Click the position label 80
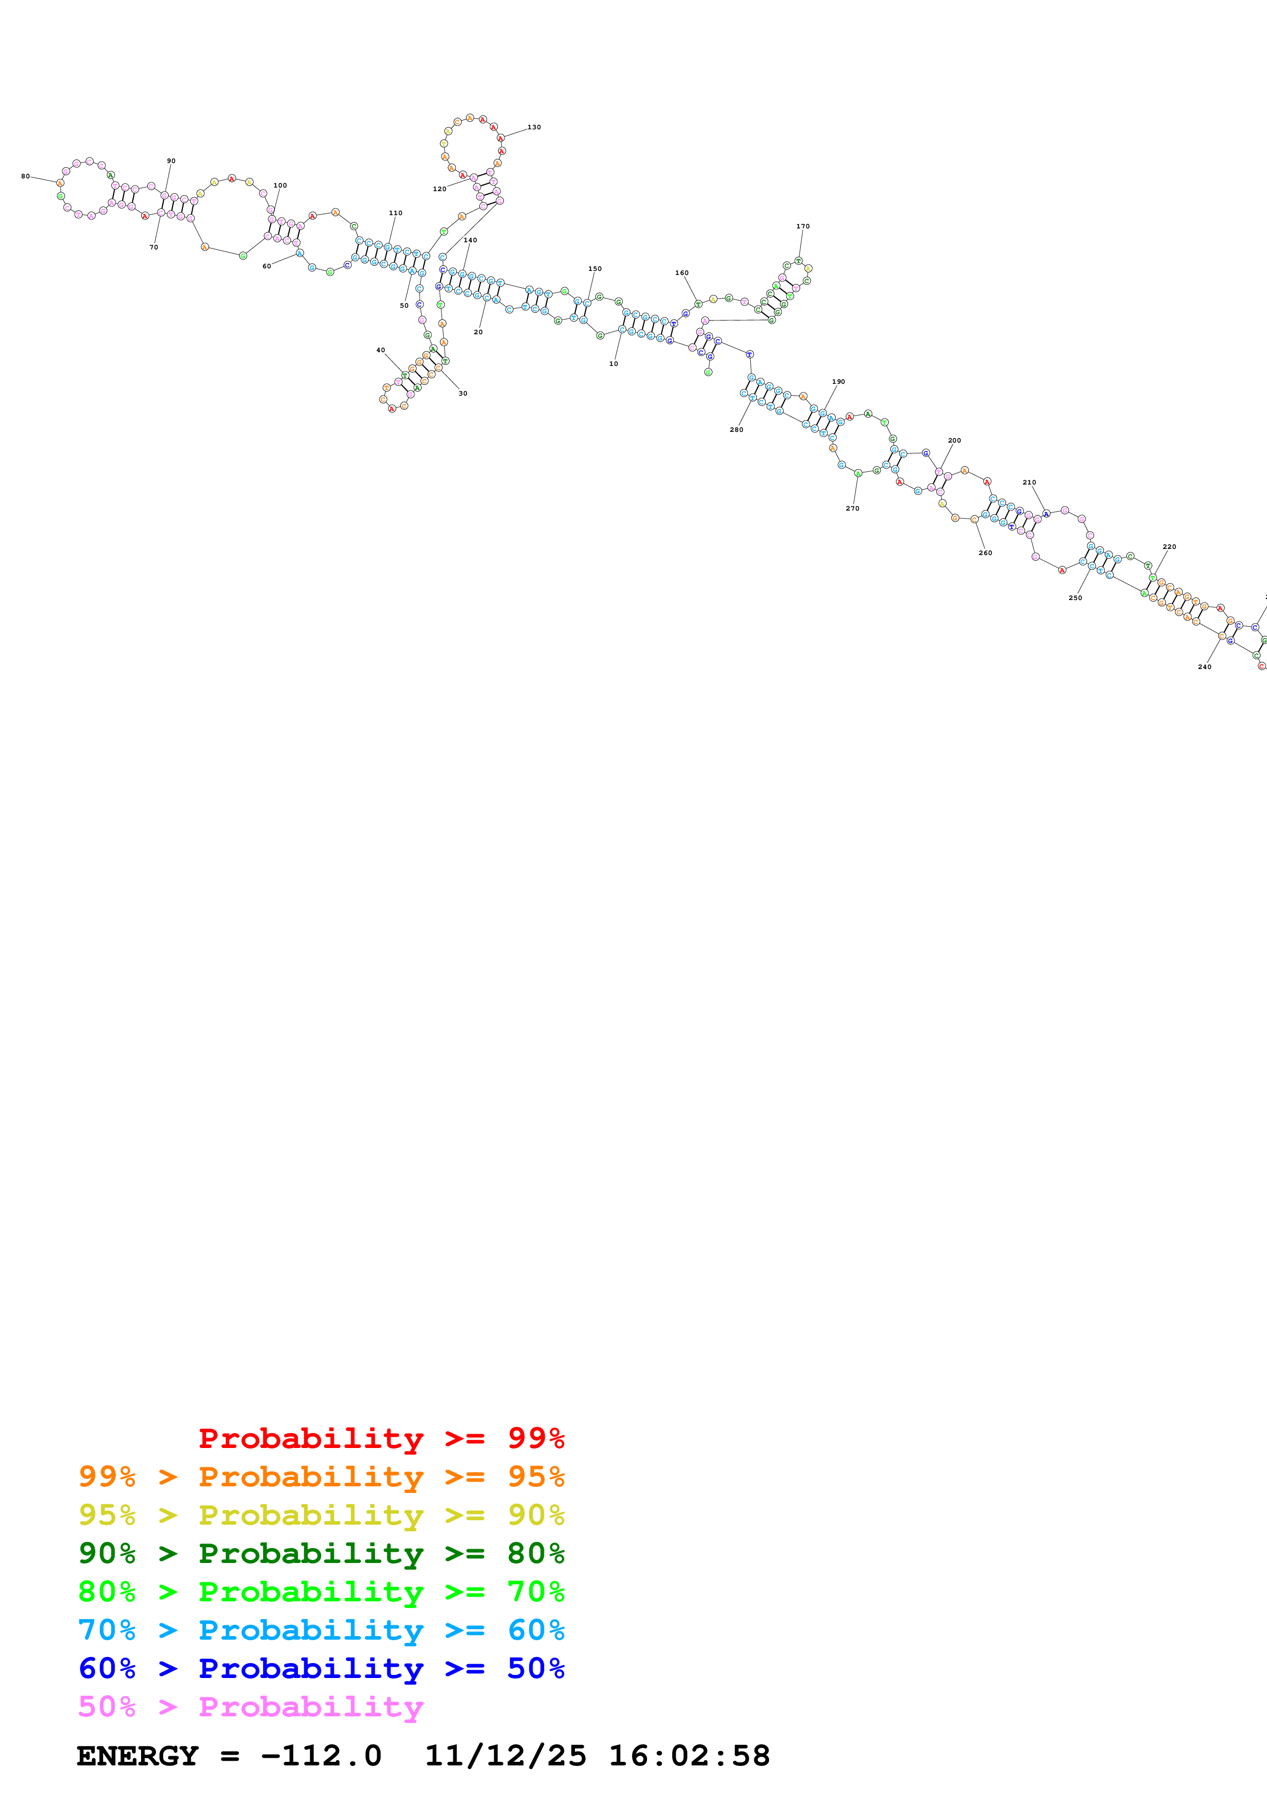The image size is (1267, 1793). tap(25, 176)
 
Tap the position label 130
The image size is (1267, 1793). tap(534, 127)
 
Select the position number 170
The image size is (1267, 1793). tap(802, 226)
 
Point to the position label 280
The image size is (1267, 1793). tap(736, 429)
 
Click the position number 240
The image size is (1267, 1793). tap(1205, 667)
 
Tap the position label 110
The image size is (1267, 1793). tap(396, 213)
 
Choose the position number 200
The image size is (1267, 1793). tap(954, 441)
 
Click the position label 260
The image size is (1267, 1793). tap(985, 553)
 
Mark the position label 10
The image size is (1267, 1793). tap(614, 364)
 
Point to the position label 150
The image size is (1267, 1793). tap(595, 269)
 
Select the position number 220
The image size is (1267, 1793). tap(1169, 547)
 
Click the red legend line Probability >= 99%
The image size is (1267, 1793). tap(381, 1438)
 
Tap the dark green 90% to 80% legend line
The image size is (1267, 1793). tap(321, 1553)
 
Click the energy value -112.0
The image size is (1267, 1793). tap(321, 1756)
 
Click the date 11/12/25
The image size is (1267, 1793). tap(505, 1756)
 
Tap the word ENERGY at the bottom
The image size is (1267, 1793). tap(137, 1756)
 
